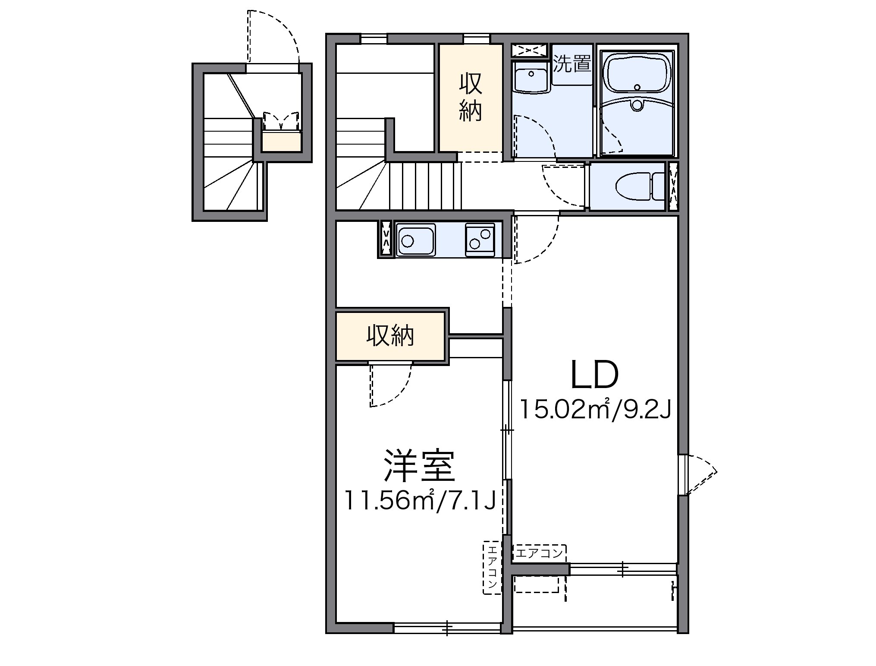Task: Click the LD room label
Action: (x=594, y=375)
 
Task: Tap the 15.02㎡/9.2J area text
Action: (x=595, y=410)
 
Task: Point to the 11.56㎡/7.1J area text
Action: (x=419, y=501)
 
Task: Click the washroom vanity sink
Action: (x=531, y=78)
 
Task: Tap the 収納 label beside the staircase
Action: (x=471, y=97)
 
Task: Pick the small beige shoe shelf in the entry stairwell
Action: (x=281, y=142)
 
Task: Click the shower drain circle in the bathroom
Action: (x=637, y=105)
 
